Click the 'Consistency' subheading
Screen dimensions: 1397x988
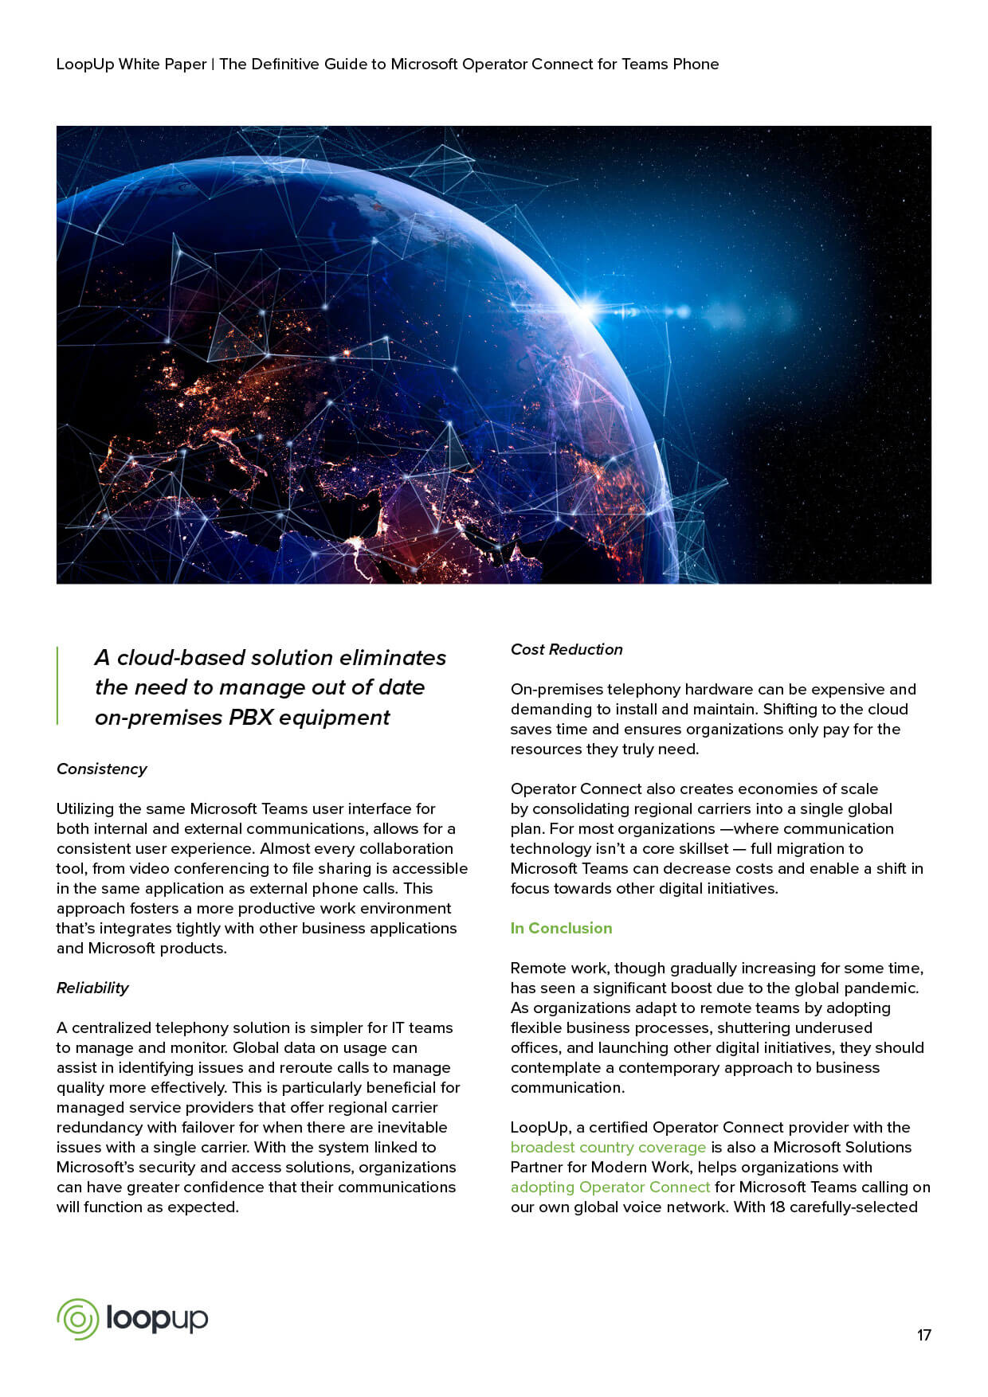pyautogui.click(x=102, y=769)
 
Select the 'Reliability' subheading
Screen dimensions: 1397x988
pyautogui.click(x=92, y=988)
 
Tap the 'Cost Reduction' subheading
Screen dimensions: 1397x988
pyautogui.click(x=567, y=649)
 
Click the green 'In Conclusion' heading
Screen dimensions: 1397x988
pyautogui.click(x=561, y=928)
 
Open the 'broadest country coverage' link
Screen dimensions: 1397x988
pyautogui.click(x=608, y=1147)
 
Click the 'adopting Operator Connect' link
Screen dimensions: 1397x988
pyautogui.click(x=610, y=1187)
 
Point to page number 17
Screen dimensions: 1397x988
pyautogui.click(x=923, y=1335)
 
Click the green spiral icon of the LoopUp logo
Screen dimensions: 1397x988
pyautogui.click(x=77, y=1319)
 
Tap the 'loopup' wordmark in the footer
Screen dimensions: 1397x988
pyautogui.click(x=156, y=1319)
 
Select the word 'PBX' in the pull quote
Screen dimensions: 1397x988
pyautogui.click(x=251, y=717)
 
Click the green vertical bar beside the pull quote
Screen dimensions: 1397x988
pyautogui.click(x=57, y=686)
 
